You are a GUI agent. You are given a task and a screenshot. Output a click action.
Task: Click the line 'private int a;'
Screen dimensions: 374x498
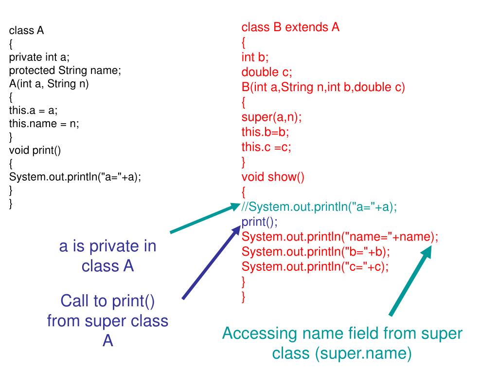click(39, 57)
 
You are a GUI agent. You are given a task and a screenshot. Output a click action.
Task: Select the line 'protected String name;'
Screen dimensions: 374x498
click(65, 70)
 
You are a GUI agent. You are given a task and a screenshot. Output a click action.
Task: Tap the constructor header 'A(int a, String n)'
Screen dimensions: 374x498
click(49, 83)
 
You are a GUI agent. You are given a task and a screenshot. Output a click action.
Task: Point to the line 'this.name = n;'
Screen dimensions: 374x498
click(44, 123)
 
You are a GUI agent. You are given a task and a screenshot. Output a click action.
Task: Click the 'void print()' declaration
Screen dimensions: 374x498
click(35, 150)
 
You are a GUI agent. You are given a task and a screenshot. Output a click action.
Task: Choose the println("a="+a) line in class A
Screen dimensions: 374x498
click(75, 177)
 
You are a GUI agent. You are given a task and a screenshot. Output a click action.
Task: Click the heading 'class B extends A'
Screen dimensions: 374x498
click(290, 27)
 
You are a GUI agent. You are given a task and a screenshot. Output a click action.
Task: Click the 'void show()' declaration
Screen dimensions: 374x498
click(273, 177)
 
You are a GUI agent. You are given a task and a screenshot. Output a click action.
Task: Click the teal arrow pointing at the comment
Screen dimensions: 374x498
click(202, 219)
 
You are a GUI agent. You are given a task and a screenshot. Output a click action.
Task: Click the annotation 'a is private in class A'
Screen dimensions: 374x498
click(108, 256)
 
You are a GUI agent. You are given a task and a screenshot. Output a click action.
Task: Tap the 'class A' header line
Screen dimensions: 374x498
click(27, 31)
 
